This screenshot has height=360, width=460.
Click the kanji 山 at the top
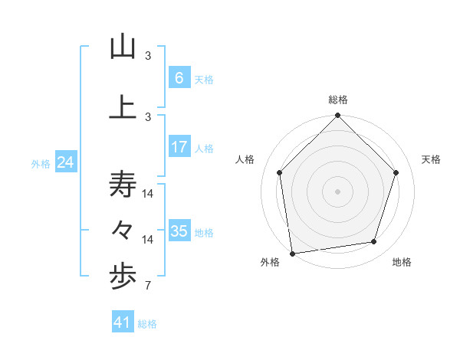point(123,47)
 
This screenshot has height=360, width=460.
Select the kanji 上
point(123,106)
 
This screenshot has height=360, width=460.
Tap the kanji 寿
point(123,185)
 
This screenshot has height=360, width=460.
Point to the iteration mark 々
point(123,229)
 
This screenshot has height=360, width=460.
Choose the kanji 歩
point(123,277)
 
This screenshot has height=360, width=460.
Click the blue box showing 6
point(179,78)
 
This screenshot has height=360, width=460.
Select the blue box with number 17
point(179,147)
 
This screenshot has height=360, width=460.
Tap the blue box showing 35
point(179,231)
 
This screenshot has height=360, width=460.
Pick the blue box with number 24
point(65,162)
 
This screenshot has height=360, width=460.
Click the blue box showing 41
point(123,322)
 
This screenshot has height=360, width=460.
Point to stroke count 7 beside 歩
point(147,287)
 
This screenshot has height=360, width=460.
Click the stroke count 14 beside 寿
point(148,194)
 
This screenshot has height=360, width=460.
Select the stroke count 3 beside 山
point(148,55)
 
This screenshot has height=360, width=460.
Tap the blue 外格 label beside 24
point(41,164)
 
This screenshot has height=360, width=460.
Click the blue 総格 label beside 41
point(147,324)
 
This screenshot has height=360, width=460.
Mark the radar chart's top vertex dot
point(337,116)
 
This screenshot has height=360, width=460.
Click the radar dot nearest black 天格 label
point(396,172)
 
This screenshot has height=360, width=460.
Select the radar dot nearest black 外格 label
point(292,252)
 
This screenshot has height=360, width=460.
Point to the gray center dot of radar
point(337,191)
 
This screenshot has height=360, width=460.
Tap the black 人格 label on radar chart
point(245,159)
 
